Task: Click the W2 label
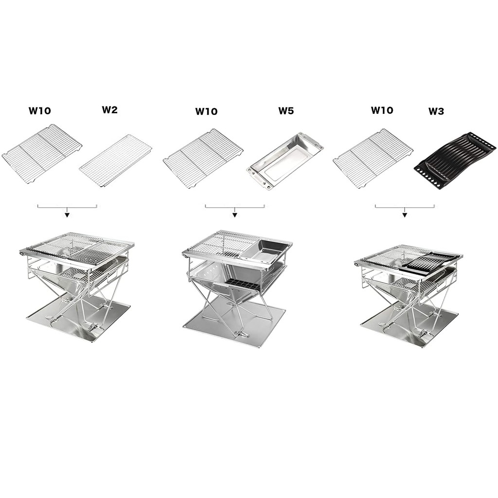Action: [110, 109]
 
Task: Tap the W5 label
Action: [286, 110]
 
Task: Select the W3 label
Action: [436, 111]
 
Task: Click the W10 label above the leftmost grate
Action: [39, 111]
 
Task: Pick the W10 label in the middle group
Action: [206, 111]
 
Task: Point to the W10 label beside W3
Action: [382, 110]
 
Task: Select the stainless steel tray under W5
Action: [285, 160]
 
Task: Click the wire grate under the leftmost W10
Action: [42, 153]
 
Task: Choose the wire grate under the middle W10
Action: [203, 158]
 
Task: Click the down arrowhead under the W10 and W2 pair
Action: [67, 214]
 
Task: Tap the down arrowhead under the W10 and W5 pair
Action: [235, 214]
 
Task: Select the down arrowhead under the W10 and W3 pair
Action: [405, 214]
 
